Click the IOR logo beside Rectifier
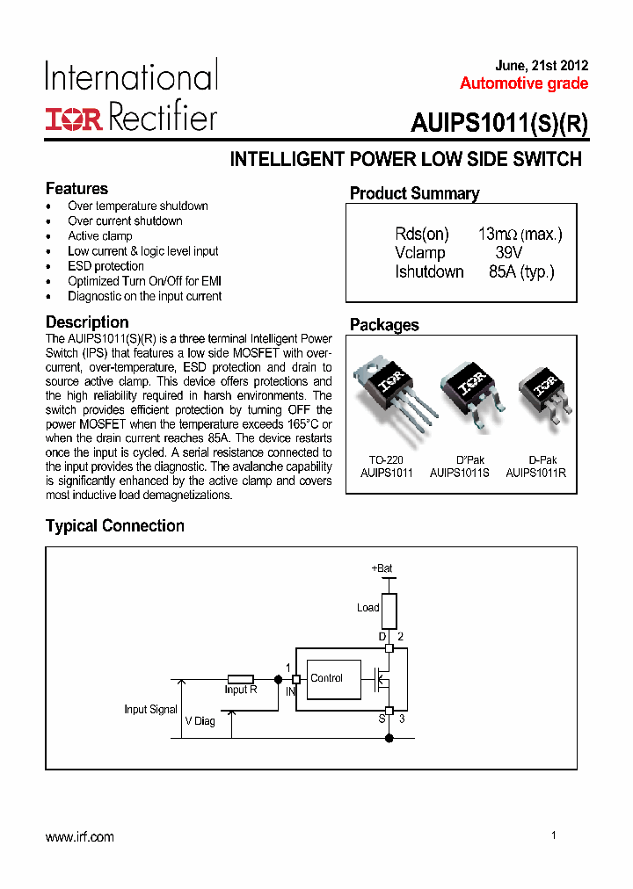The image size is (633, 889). [74, 119]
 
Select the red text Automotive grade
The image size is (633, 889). [524, 83]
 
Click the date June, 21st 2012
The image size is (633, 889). [542, 66]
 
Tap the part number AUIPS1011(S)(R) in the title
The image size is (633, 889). [498, 124]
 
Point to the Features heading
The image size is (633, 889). [76, 189]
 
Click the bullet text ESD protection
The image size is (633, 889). [105, 266]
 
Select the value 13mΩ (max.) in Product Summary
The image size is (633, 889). [520, 235]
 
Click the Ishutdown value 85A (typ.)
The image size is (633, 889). [521, 272]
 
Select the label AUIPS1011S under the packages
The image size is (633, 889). [460, 473]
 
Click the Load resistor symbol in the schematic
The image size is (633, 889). [389, 610]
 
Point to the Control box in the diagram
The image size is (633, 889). [333, 679]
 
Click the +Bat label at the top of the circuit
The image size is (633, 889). [382, 568]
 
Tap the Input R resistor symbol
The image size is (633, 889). [241, 679]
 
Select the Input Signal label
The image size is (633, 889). [150, 710]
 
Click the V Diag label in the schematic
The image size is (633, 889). [200, 721]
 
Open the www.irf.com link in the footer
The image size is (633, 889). [80, 837]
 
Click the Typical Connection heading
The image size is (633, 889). [115, 526]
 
